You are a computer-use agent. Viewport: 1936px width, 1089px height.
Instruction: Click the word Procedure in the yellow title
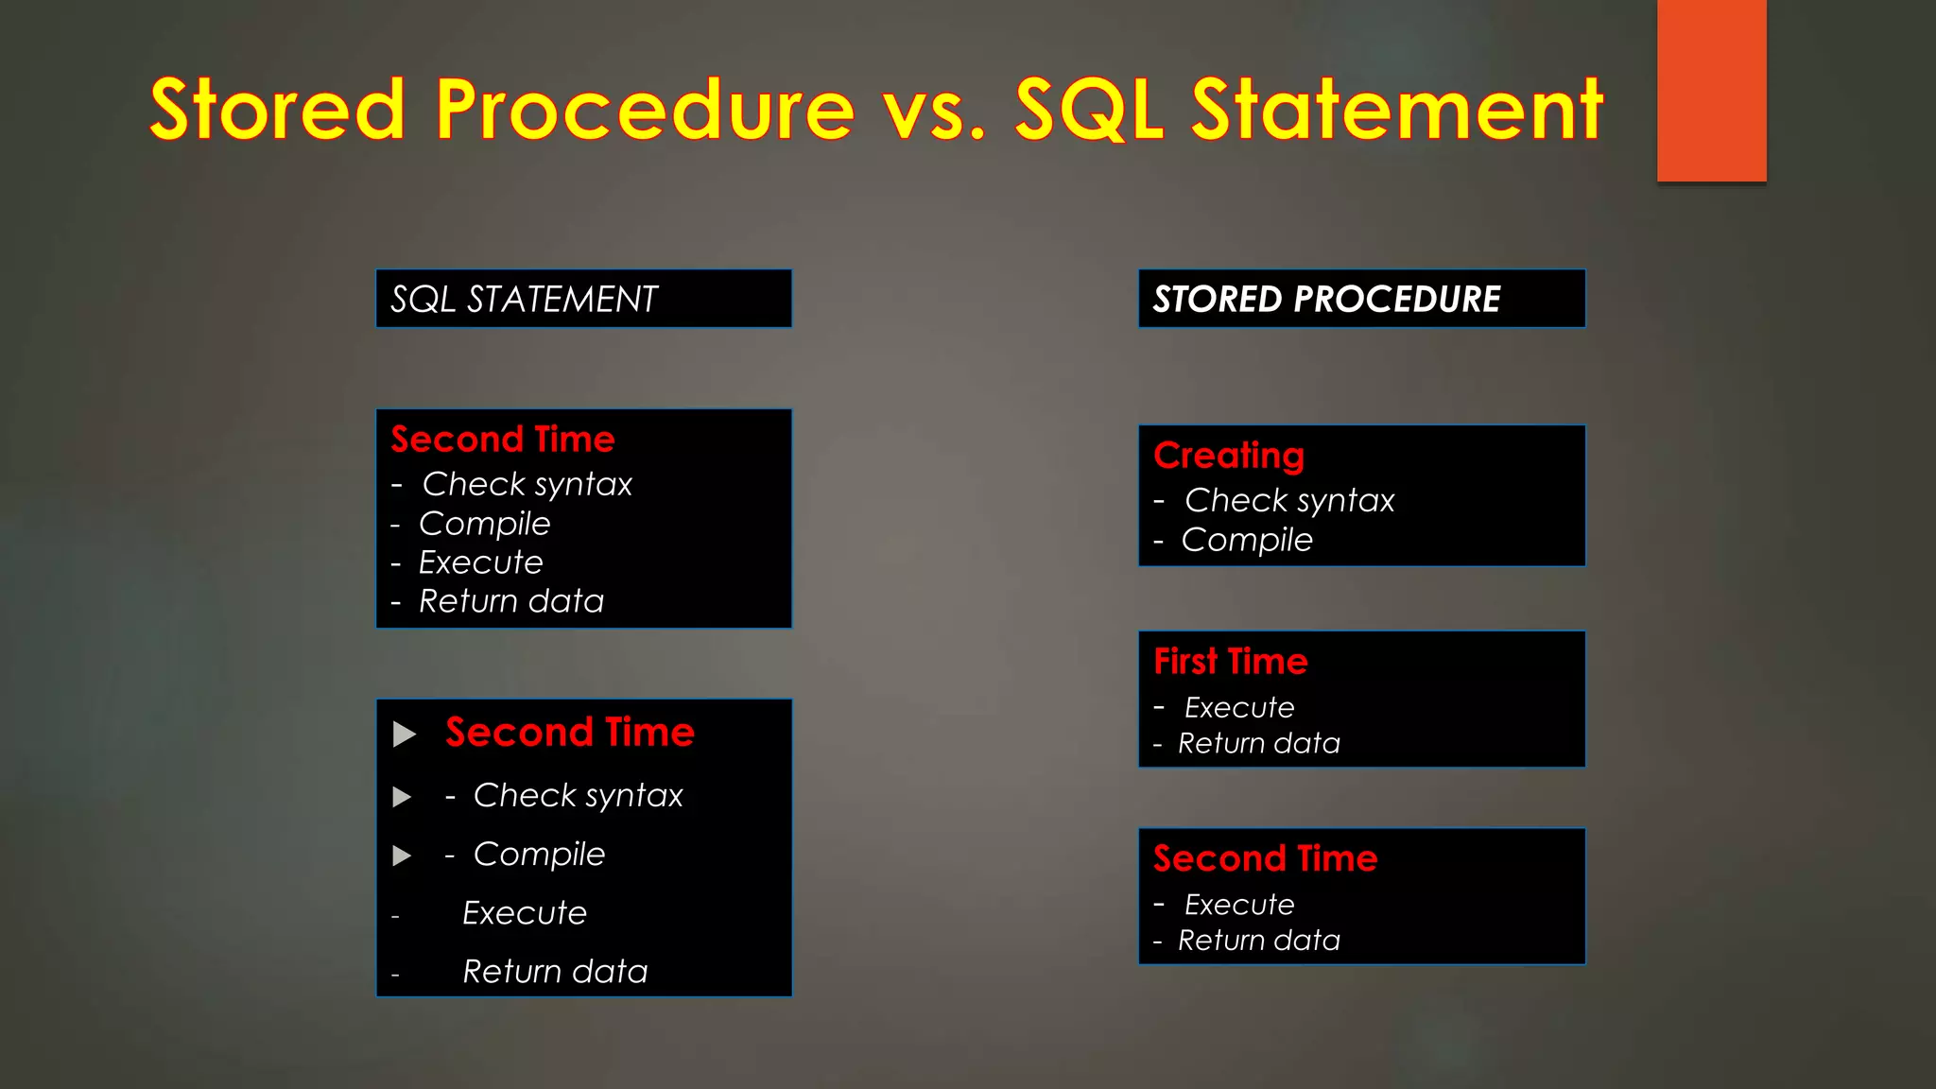tap(645, 110)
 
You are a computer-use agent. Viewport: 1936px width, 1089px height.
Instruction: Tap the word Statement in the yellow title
tap(1396, 110)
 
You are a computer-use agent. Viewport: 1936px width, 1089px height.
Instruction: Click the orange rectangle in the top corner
tap(1711, 90)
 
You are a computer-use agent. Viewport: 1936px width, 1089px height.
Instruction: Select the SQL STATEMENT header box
tap(583, 299)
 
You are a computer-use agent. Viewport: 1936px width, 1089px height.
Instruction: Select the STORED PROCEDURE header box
tap(1361, 299)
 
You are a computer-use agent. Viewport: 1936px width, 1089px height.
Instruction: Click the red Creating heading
tap(1229, 456)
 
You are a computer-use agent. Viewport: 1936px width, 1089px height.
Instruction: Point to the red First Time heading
tap(1231, 662)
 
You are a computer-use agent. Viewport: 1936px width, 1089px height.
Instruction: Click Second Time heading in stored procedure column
tap(1265, 858)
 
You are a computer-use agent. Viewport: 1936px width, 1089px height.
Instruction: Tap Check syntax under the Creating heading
tap(1289, 500)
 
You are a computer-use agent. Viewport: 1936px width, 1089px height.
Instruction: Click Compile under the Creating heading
tap(1247, 540)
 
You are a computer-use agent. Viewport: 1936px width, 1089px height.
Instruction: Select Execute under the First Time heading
tap(1239, 707)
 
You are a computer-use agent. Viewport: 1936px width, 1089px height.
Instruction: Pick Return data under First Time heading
tap(1259, 744)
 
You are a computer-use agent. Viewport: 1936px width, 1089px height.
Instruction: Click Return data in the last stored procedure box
tap(1259, 941)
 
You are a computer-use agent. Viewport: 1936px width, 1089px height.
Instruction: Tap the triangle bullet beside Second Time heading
tap(405, 735)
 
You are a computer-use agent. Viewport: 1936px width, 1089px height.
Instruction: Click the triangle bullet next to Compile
tap(402, 856)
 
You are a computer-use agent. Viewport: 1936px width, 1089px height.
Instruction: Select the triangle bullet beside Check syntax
tap(402, 797)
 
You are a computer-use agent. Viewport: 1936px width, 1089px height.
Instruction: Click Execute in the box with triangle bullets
tap(525, 913)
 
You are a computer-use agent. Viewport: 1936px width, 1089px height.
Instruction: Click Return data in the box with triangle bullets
tap(555, 972)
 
